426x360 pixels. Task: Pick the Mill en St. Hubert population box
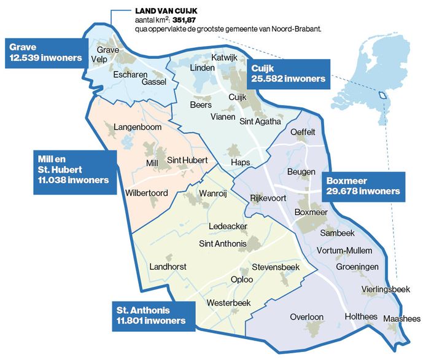(74, 170)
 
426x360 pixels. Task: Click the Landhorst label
(168, 267)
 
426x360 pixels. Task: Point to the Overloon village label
(306, 317)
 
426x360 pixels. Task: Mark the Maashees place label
(401, 319)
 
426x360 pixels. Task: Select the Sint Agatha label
(260, 121)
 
